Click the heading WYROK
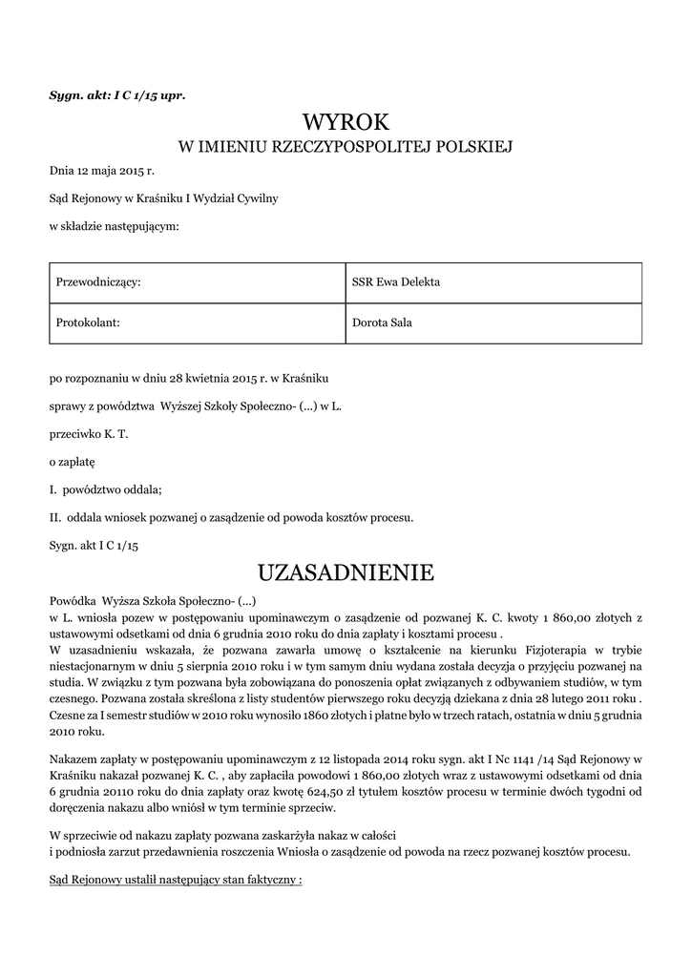pos(346,122)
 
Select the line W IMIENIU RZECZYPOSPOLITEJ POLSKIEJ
pos(346,147)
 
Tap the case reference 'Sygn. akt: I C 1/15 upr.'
pos(116,95)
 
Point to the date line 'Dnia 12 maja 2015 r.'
pos(101,171)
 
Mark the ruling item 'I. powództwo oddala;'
pos(105,489)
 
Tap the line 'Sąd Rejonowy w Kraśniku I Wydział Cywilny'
pos(163,198)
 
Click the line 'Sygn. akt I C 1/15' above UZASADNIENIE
pos(94,545)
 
